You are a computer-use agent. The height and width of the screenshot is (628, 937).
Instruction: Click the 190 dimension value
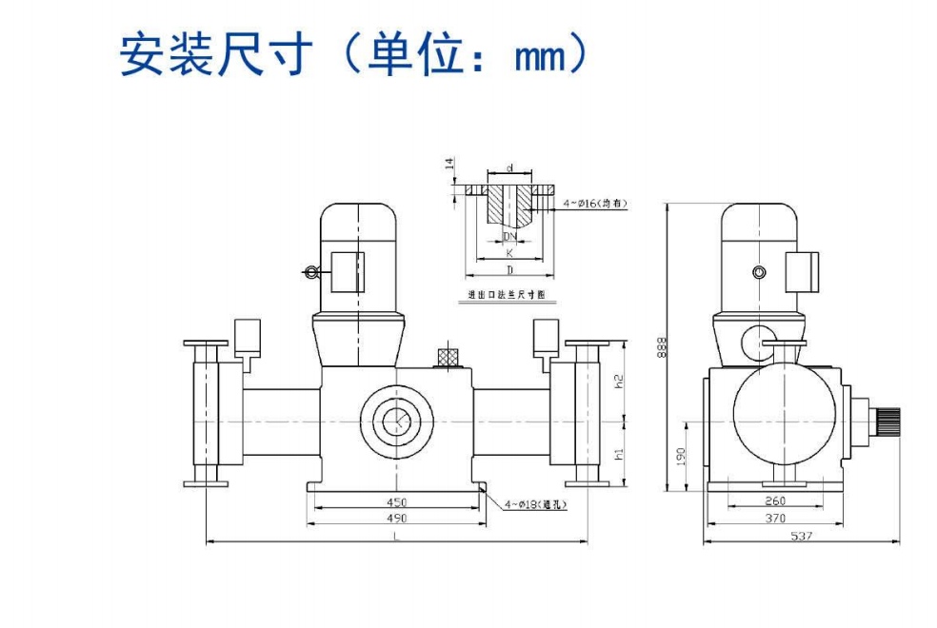(x=681, y=456)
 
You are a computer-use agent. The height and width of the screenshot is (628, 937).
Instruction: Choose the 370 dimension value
(x=775, y=519)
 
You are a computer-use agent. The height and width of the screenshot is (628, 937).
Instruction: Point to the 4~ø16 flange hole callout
(x=595, y=204)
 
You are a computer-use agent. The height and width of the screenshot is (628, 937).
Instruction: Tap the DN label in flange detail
(x=509, y=235)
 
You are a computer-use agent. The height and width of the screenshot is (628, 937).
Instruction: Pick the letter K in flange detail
(x=509, y=253)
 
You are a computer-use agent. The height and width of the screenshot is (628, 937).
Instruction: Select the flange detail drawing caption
(x=509, y=296)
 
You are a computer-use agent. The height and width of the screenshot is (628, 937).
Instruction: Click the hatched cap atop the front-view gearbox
(x=448, y=356)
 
